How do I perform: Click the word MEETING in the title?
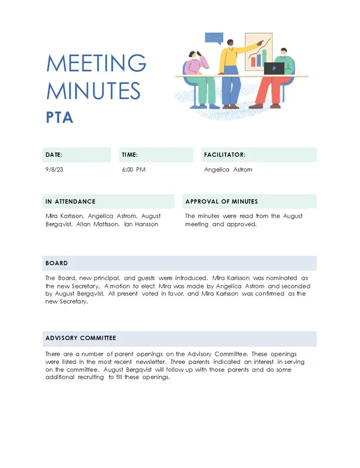click(x=96, y=63)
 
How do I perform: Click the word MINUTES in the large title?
click(x=94, y=91)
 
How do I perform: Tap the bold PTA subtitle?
click(x=60, y=118)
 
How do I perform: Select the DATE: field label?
click(x=54, y=155)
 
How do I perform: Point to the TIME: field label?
click(x=130, y=155)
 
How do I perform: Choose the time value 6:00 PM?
click(x=134, y=170)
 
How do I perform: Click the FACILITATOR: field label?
click(x=225, y=155)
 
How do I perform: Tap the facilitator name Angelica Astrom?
click(x=229, y=170)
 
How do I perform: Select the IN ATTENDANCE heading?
click(x=70, y=201)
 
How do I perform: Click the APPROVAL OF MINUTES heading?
click(x=221, y=201)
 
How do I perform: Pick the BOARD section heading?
click(x=57, y=263)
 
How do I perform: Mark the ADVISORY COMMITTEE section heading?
click(x=81, y=338)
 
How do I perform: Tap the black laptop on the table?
click(x=274, y=68)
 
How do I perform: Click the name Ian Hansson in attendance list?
click(x=141, y=224)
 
